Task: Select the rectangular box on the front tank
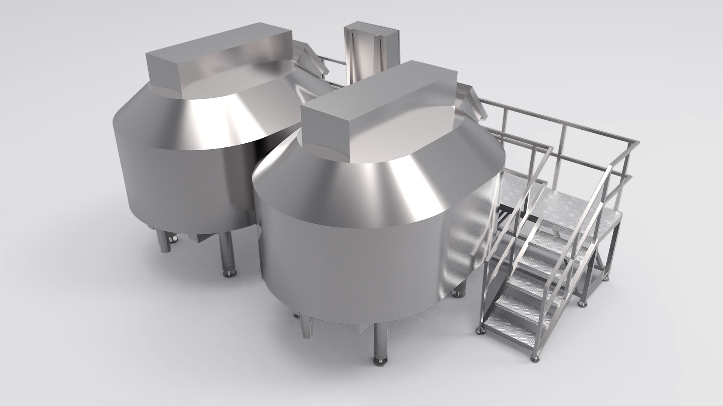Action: (380, 113)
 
